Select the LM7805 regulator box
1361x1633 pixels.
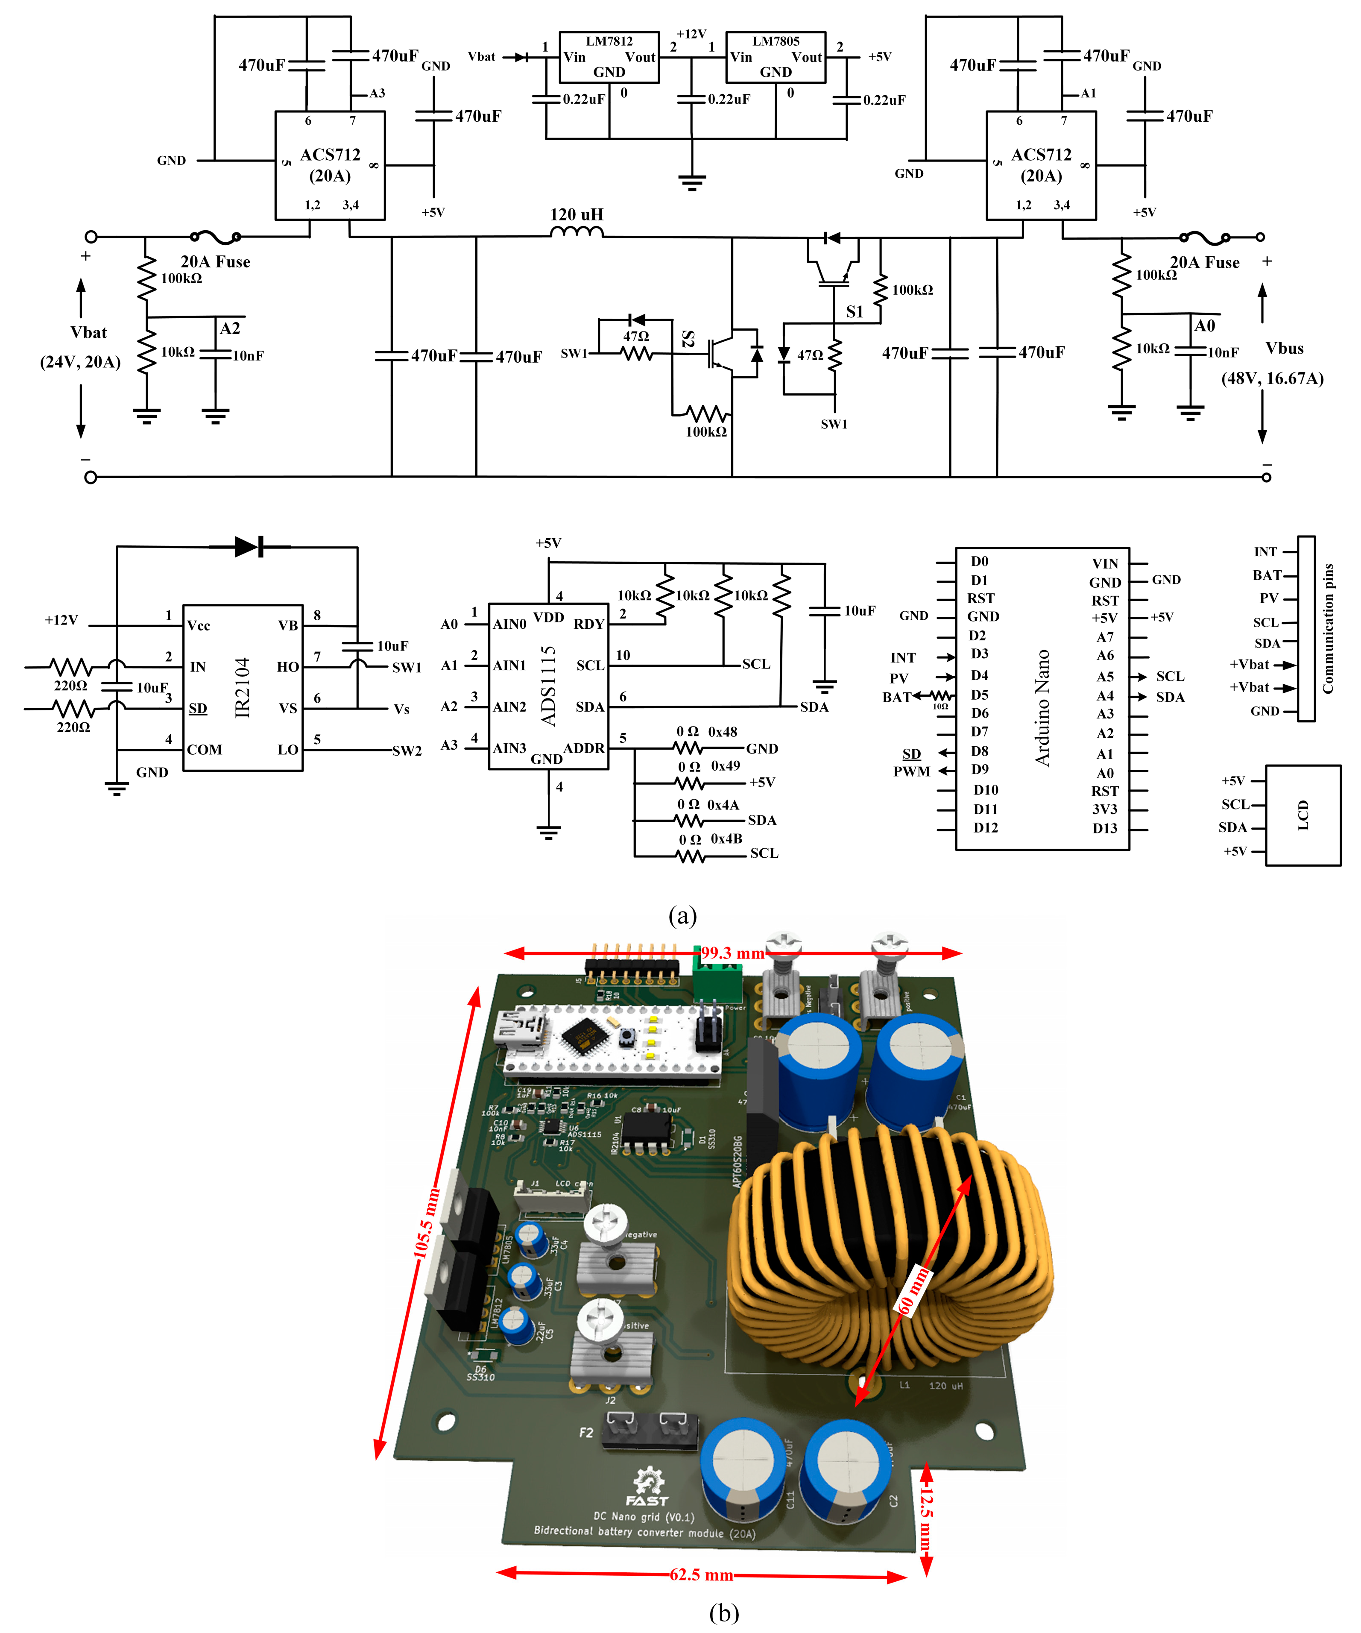point(775,57)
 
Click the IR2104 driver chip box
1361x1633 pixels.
point(243,687)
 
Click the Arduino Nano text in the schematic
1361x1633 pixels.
point(1042,708)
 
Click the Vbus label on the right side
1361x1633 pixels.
point(1284,349)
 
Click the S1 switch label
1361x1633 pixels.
point(854,312)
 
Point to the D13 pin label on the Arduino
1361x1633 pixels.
point(1104,828)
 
